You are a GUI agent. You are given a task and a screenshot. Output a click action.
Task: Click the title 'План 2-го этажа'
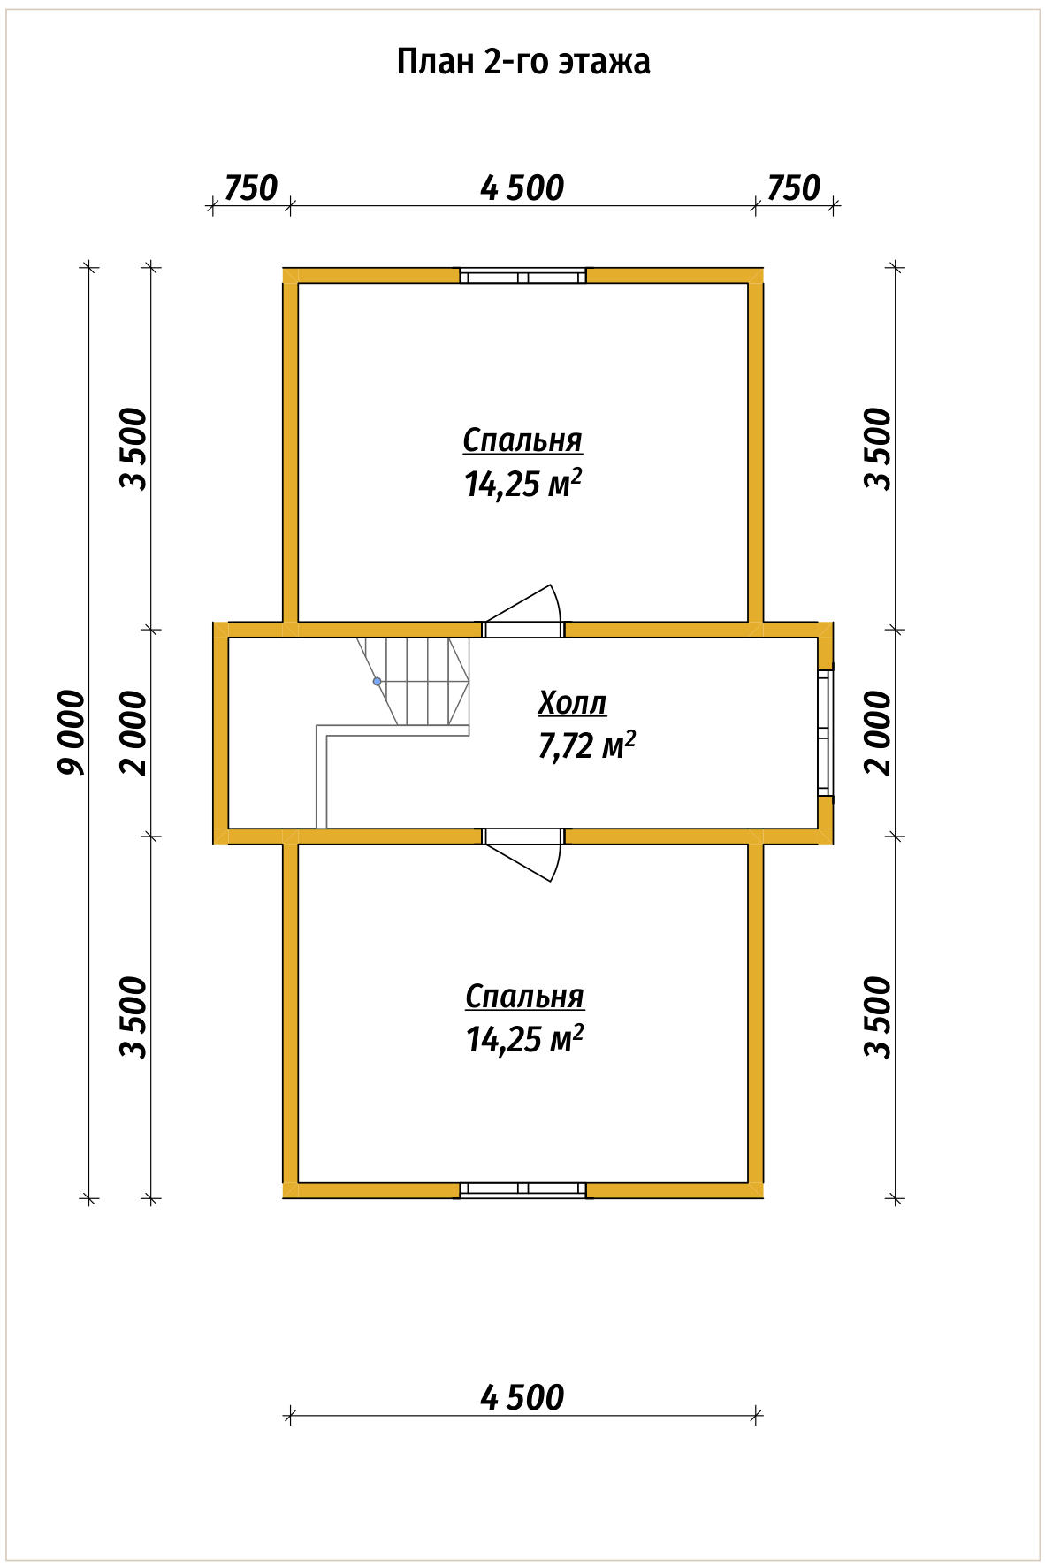click(522, 62)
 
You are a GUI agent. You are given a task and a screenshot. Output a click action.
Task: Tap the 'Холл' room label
click(572, 703)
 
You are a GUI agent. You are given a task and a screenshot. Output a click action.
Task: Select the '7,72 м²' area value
click(586, 746)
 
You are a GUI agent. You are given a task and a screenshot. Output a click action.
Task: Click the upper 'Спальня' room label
click(522, 440)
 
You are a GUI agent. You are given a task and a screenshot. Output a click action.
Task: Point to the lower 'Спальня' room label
click(524, 996)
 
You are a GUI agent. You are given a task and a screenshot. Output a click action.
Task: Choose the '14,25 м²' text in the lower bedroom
click(524, 1038)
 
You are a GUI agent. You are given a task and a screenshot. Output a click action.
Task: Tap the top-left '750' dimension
click(250, 188)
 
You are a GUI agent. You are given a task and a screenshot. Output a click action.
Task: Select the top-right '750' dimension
click(793, 188)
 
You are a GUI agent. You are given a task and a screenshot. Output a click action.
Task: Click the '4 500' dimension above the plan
click(522, 188)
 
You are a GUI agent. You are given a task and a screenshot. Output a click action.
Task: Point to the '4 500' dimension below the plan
click(522, 1397)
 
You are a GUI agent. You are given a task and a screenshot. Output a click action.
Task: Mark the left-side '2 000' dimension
click(134, 732)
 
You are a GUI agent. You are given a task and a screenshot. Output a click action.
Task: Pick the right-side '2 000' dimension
click(879, 732)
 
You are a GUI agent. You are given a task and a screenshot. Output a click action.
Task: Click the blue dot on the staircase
click(378, 682)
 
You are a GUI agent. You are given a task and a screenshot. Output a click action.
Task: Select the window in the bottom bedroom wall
click(522, 1190)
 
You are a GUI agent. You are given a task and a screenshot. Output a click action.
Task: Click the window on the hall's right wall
click(825, 732)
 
